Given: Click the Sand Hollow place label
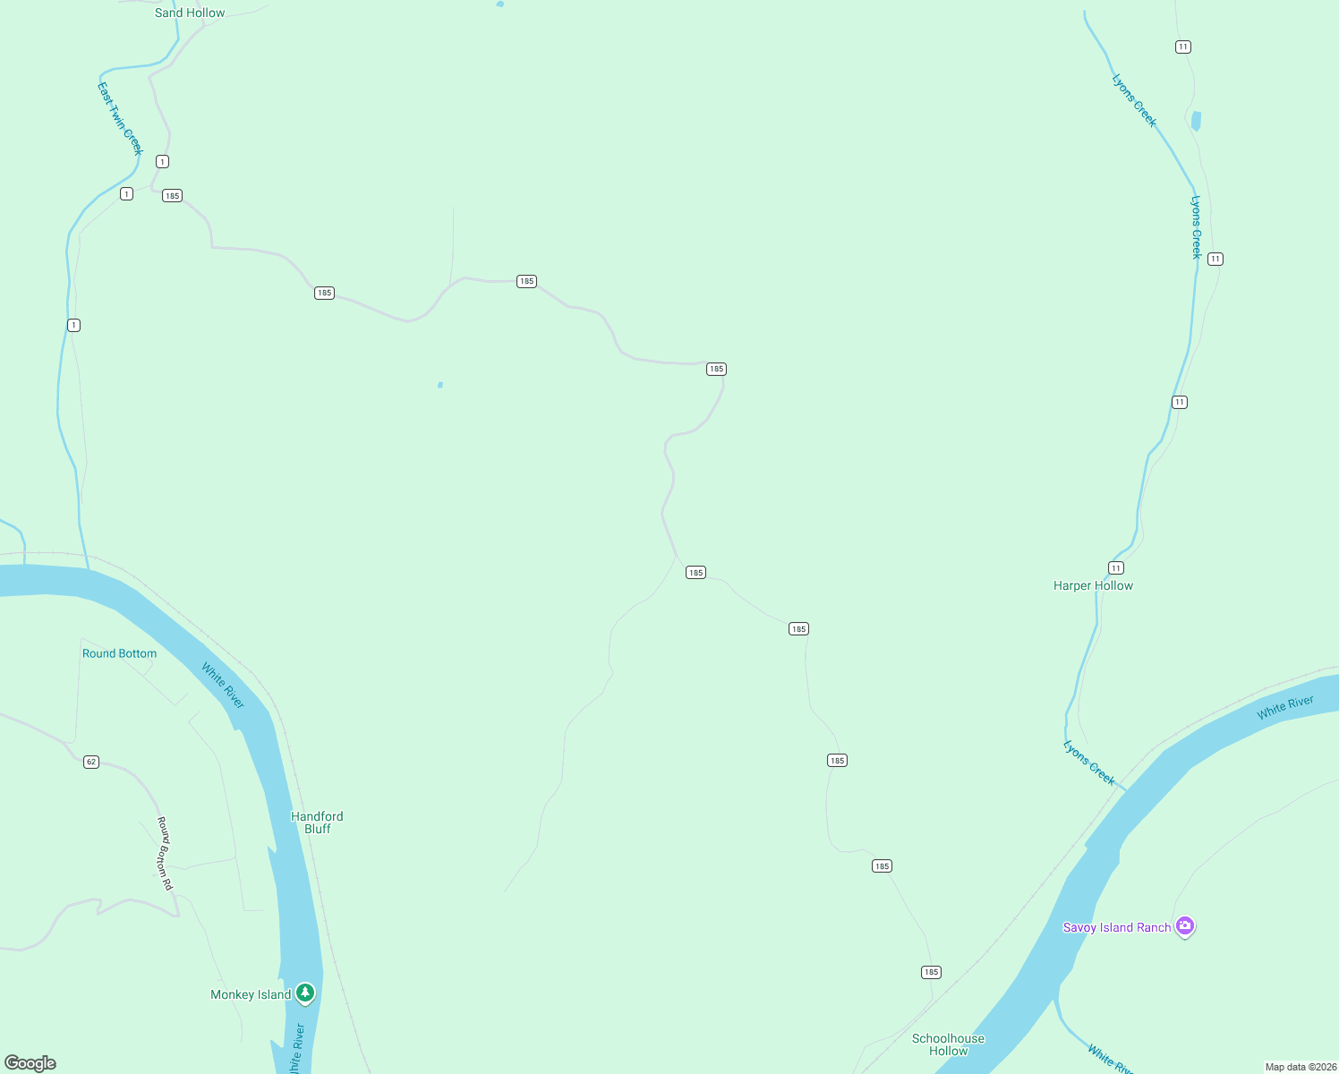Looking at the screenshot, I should tap(190, 13).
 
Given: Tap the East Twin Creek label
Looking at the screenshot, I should tap(120, 118).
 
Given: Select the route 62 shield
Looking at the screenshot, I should tap(91, 762).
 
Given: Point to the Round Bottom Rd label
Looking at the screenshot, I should tap(165, 853).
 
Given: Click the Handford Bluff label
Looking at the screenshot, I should tap(317, 823).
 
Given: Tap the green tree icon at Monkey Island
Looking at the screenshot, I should tap(305, 993).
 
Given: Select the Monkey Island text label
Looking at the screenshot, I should tap(251, 994).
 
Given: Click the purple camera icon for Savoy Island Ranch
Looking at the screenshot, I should tap(1185, 926).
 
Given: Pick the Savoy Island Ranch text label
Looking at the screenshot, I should tap(1116, 927).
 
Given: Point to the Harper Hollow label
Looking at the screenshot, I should tap(1093, 585).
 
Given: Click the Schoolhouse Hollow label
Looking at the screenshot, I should tap(948, 1044).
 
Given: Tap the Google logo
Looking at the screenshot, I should tap(30, 1063).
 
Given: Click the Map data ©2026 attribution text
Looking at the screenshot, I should tap(1300, 1067).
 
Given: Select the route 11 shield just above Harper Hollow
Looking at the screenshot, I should tap(1115, 567).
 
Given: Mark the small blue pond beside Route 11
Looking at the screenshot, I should tap(1196, 121).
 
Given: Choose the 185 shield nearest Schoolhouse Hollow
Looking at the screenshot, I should tap(931, 972).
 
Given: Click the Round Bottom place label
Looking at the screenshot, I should tap(119, 653).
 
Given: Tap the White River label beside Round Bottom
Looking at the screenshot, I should tap(223, 686).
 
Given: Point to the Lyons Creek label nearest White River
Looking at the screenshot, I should tap(1089, 763).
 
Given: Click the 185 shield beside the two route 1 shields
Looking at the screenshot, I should tap(172, 195).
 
